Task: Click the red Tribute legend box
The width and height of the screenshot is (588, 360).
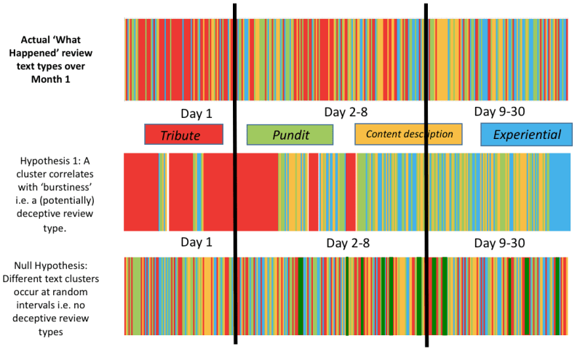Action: pyautogui.click(x=183, y=135)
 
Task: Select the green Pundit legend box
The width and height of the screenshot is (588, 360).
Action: pyautogui.click(x=290, y=135)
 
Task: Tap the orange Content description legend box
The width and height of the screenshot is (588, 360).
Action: pyautogui.click(x=408, y=135)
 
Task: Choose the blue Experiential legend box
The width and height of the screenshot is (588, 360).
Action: pyautogui.click(x=526, y=135)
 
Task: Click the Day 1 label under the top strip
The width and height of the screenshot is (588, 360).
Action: pyautogui.click(x=196, y=114)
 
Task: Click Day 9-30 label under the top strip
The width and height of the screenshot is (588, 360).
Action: pyautogui.click(x=499, y=112)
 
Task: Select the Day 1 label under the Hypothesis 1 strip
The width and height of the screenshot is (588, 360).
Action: pyautogui.click(x=196, y=241)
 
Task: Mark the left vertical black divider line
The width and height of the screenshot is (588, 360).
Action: pyautogui.click(x=235, y=175)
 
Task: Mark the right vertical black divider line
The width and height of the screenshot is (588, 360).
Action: pyautogui.click(x=426, y=175)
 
